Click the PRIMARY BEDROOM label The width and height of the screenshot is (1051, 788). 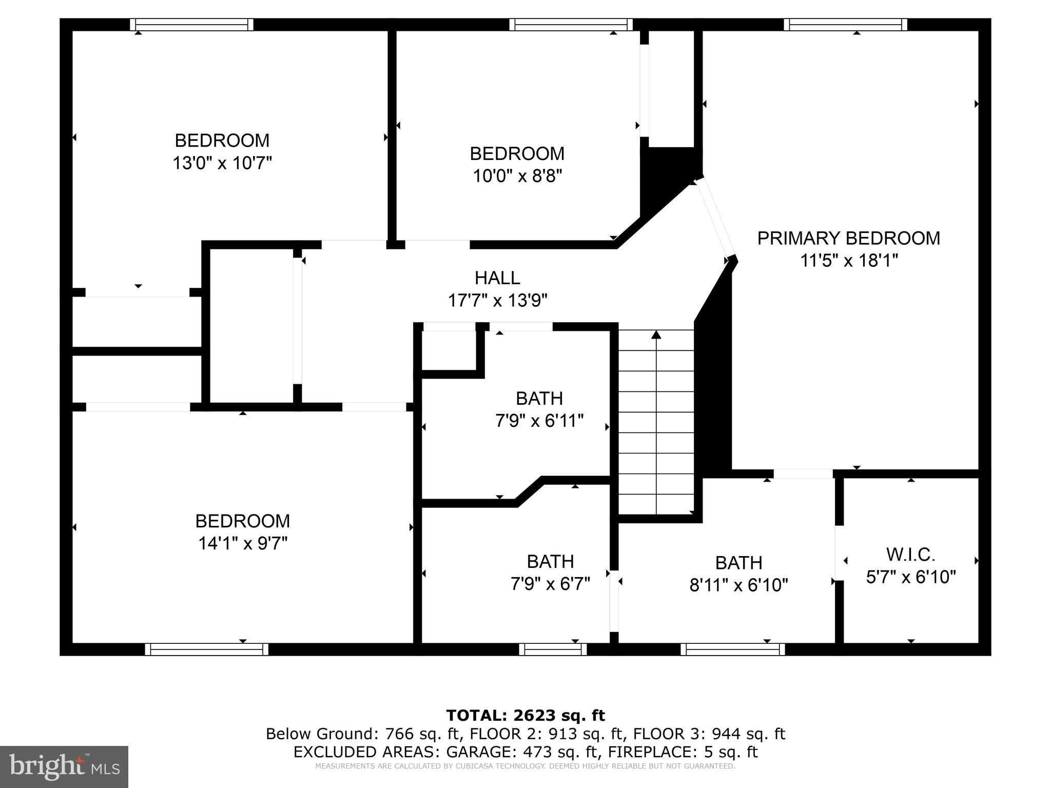(848, 239)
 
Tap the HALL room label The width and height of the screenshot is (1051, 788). (497, 278)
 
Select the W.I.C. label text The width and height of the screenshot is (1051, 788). (910, 555)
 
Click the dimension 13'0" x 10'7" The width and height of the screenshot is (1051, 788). (222, 163)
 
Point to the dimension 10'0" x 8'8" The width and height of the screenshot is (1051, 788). (517, 176)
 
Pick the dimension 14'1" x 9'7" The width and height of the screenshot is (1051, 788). (243, 543)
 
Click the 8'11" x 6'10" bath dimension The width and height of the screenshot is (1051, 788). (738, 585)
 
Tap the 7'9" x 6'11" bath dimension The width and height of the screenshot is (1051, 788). (539, 421)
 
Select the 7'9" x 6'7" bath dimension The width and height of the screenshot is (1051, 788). (550, 583)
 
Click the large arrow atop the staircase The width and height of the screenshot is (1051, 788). (656, 335)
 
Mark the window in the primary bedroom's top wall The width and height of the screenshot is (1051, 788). (845, 25)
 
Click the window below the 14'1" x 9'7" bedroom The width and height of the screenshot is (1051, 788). (206, 649)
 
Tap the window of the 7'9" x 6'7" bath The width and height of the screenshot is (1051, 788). (553, 649)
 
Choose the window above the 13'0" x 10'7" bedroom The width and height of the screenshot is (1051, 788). (191, 25)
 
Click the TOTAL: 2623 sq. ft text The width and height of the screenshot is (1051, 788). (525, 715)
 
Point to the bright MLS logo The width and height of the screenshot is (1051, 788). (64, 766)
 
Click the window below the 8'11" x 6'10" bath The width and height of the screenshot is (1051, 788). (732, 649)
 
